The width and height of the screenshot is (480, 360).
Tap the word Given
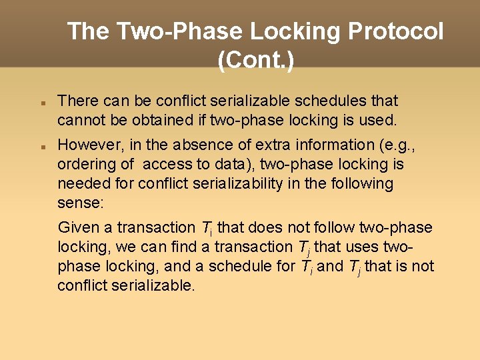(79, 227)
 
